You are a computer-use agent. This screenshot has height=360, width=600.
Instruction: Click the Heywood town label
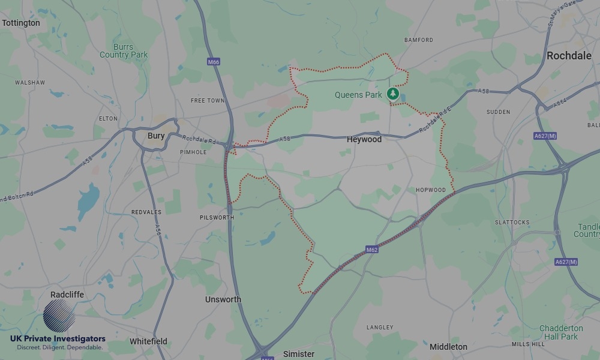coord(364,139)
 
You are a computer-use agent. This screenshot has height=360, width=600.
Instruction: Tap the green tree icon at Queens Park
coord(392,94)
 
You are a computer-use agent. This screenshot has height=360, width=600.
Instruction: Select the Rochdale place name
coord(569,56)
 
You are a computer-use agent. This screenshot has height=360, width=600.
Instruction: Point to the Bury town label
coord(156,136)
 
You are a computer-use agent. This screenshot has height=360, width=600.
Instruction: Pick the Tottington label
coord(21,23)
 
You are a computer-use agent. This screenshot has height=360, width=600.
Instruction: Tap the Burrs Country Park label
coord(124,51)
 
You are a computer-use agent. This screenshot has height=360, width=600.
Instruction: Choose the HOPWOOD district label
coord(431,190)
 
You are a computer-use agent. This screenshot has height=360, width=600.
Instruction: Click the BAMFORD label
coord(419,40)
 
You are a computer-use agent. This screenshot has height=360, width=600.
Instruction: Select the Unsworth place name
coord(223,299)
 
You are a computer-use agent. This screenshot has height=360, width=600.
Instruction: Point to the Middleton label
coord(448,347)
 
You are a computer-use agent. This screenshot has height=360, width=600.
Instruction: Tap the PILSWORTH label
coord(217,218)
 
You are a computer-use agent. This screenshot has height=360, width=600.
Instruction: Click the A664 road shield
coord(559,103)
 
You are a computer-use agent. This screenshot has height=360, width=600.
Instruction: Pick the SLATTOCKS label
coord(512,223)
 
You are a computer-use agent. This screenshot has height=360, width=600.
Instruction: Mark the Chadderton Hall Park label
coord(561,332)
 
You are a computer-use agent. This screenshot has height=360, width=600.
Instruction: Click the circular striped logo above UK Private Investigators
coord(59,316)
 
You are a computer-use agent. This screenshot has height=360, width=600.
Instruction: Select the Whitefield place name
coord(148,341)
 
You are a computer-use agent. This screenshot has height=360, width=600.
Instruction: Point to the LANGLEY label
coord(380,328)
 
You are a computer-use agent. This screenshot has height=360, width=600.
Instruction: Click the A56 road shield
coord(158,214)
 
